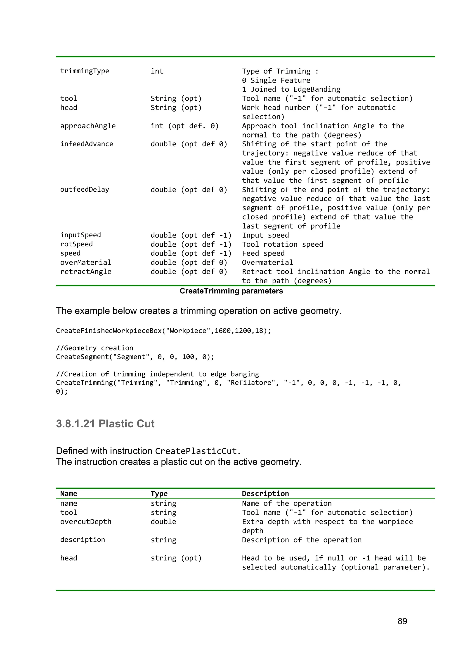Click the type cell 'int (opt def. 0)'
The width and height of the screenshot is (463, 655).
[x=184, y=126]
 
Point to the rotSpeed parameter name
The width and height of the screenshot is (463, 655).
[x=76, y=244]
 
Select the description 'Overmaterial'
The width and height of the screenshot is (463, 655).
[x=267, y=262]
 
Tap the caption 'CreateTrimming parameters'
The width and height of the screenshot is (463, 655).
[x=231, y=291]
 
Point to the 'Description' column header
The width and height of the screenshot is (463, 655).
[x=265, y=494]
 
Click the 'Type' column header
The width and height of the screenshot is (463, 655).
[x=159, y=494]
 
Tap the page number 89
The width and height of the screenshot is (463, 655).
[x=402, y=621]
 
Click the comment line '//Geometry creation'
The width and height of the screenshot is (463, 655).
[x=94, y=348]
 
